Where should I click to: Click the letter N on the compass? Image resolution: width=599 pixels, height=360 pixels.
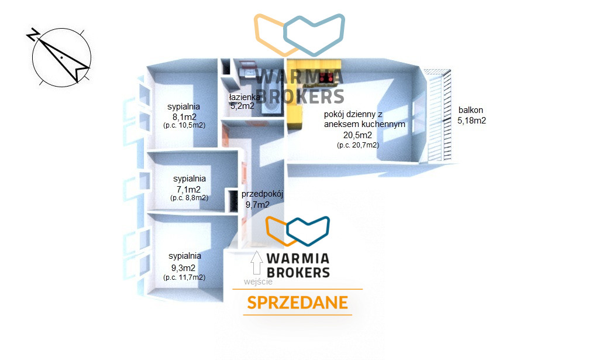pos(33,35)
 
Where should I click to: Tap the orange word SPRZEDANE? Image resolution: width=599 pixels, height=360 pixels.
pos(298,303)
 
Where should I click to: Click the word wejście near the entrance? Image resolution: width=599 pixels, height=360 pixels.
pos(258,282)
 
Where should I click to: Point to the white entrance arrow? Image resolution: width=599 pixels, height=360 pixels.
pos(257,263)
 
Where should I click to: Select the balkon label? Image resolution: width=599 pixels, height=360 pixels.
pos(471,110)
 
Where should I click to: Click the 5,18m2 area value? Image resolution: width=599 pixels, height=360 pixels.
pos(472,121)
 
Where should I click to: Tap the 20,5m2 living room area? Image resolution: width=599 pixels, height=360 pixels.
pos(357,135)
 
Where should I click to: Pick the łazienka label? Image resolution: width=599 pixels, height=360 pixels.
pos(245,97)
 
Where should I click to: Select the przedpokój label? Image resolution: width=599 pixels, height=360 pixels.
pos(262,194)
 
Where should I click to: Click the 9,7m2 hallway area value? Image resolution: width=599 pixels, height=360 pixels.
pos(257,205)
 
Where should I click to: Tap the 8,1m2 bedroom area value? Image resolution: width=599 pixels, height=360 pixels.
pos(184,117)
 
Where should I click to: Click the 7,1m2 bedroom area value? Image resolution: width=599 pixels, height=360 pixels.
pos(189,189)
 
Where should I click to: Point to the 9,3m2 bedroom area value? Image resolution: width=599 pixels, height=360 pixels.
pos(183,268)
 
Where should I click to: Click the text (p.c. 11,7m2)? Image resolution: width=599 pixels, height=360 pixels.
pos(184,277)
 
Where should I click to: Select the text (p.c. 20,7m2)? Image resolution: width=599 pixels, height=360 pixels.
pos(358,145)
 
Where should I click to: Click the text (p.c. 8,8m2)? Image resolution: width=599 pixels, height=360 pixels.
pos(189,198)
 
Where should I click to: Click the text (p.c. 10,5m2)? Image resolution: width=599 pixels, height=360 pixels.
pos(184,125)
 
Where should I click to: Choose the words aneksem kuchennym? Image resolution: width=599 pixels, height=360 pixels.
pos(364,124)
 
